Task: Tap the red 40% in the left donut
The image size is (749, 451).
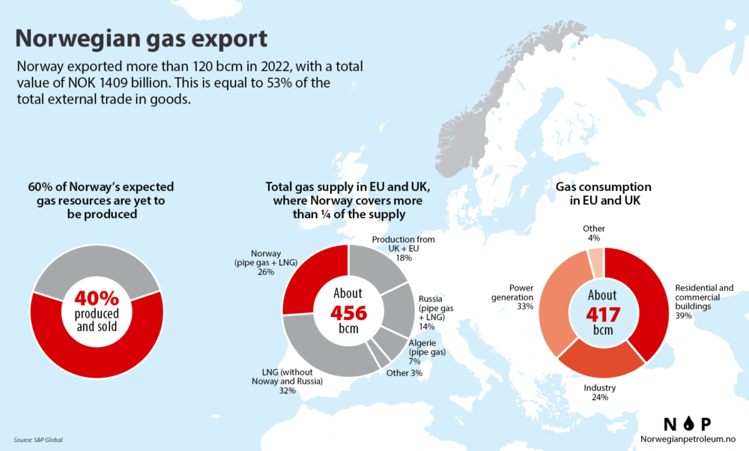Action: tap(98, 297)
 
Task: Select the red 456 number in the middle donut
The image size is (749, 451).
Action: tap(348, 312)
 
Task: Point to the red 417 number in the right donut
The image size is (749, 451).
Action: tap(603, 313)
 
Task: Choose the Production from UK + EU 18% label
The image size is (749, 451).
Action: tap(403, 248)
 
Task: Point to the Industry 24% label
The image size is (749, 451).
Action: tap(600, 392)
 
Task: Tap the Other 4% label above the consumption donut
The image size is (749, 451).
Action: tap(594, 233)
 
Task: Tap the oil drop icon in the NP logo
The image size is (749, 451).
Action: tap(687, 423)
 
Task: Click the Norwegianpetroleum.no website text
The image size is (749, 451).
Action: tap(685, 439)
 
